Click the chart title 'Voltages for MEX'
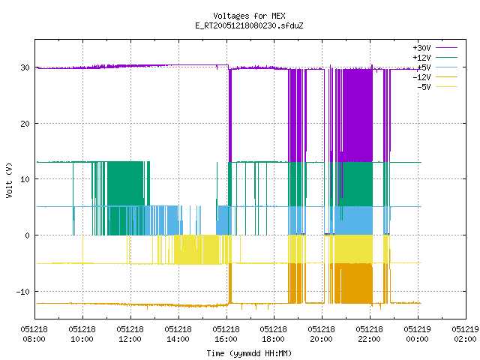(x=249, y=16)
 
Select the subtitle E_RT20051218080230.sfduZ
(x=249, y=25)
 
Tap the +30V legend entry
(x=435, y=48)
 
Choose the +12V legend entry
(x=435, y=58)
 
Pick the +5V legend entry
(x=437, y=67)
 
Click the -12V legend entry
(x=435, y=77)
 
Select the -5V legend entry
(x=437, y=87)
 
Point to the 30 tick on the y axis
(x=25, y=67)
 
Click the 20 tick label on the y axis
(x=25, y=124)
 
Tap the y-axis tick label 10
(x=25, y=179)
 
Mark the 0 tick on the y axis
(x=28, y=235)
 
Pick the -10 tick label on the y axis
(x=23, y=292)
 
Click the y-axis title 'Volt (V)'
(x=9, y=180)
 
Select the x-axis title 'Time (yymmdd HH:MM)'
(x=249, y=353)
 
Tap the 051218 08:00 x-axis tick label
(x=34, y=334)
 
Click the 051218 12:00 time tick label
(x=130, y=334)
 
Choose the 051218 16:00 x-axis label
(x=226, y=334)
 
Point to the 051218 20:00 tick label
(x=322, y=334)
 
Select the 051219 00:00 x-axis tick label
(x=417, y=334)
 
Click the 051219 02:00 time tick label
(x=465, y=334)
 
